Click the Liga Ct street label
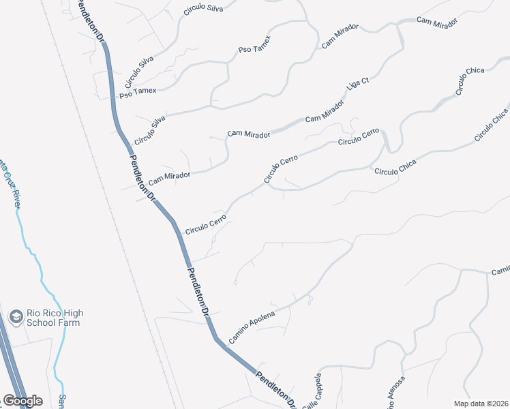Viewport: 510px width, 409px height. [x=357, y=85]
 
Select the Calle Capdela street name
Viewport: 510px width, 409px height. [x=310, y=392]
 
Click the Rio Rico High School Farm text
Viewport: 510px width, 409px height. [x=55, y=318]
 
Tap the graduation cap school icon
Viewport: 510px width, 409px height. [x=15, y=317]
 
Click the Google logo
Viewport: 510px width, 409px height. [x=22, y=401]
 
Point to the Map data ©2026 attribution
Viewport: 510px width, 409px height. [x=481, y=404]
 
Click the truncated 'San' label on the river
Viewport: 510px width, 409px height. [x=61, y=400]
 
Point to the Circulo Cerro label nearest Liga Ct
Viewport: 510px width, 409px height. [x=358, y=136]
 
